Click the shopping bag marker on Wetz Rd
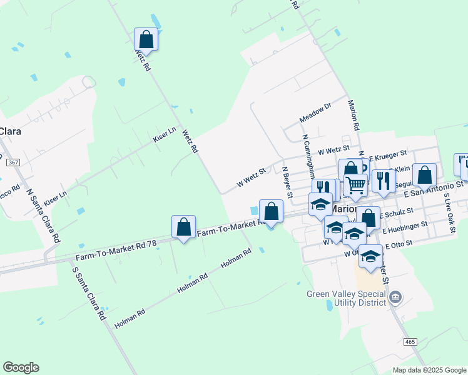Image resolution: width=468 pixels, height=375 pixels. [146, 40]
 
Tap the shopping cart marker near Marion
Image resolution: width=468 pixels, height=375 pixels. [355, 185]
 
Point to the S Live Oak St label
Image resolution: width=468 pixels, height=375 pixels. [449, 213]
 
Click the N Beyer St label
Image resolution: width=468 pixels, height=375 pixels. [287, 182]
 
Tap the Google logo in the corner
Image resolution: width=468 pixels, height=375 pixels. [21, 367]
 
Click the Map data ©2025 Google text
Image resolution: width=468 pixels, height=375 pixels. [429, 370]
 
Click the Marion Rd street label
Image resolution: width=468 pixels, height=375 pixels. [354, 115]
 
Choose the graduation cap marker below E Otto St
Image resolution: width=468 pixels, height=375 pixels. [370, 256]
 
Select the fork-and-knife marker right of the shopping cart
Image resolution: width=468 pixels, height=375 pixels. [384, 181]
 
